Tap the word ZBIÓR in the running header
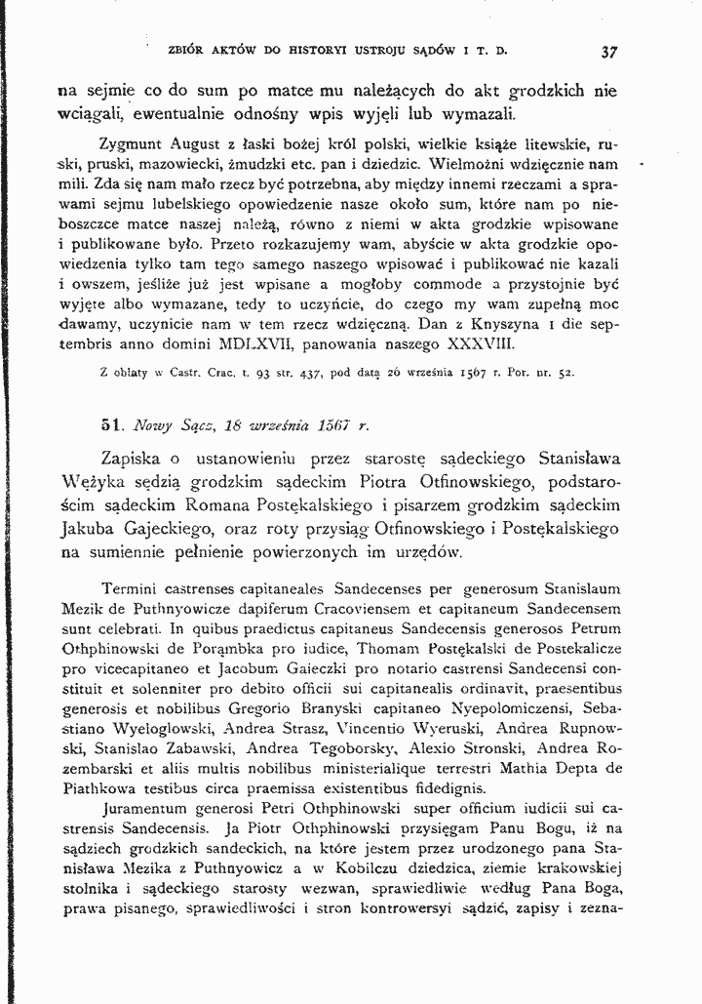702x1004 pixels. click(187, 47)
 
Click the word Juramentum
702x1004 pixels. click(147, 809)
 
